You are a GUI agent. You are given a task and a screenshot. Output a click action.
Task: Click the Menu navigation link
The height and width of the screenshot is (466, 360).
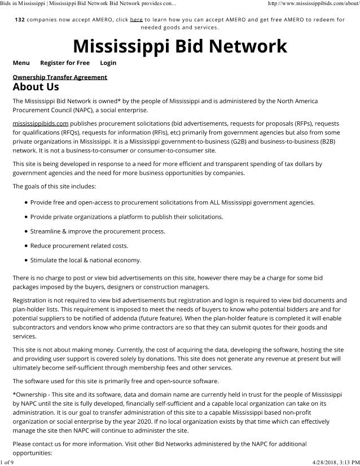tap(21, 63)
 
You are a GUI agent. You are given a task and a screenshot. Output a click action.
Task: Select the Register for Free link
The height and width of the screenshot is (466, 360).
tap(65, 63)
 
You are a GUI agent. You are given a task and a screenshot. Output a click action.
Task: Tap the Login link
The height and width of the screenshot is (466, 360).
tap(108, 63)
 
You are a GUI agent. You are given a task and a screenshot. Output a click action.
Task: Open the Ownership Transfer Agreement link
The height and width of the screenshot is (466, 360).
tap(60, 77)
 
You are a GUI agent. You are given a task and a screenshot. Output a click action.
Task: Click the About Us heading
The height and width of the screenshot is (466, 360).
tap(36, 87)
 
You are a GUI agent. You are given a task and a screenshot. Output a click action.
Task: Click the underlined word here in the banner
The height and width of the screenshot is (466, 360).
tap(136, 19)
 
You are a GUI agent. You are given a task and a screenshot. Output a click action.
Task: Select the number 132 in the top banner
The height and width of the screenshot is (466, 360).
tap(19, 19)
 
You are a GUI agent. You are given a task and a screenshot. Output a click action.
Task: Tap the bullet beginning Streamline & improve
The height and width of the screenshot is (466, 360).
tap(90, 231)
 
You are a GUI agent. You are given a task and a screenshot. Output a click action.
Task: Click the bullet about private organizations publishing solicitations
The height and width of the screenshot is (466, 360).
tap(126, 217)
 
